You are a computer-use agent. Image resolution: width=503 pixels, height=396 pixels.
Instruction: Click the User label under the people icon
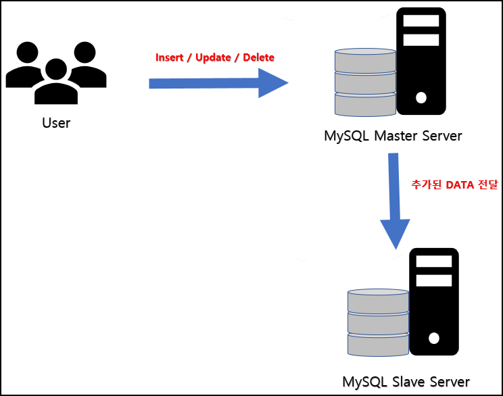[55, 123]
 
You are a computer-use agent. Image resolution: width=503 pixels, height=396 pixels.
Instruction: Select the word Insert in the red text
[169, 57]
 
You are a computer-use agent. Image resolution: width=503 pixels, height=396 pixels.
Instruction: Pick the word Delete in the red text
[258, 57]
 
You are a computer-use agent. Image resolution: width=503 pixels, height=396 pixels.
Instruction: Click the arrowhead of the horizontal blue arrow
[274, 83]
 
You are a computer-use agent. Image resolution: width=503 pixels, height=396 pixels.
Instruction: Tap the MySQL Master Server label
[393, 136]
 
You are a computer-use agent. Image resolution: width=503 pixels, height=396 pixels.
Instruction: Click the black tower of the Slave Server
[434, 303]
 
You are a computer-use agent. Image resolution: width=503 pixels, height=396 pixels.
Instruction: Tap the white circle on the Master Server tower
[421, 98]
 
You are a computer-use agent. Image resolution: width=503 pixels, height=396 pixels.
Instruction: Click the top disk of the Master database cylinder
[365, 59]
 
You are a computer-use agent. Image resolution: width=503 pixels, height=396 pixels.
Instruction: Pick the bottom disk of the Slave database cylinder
[378, 343]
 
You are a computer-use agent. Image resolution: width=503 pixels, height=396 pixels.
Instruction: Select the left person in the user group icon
[27, 64]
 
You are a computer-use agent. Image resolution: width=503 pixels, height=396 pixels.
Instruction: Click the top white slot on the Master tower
[421, 22]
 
